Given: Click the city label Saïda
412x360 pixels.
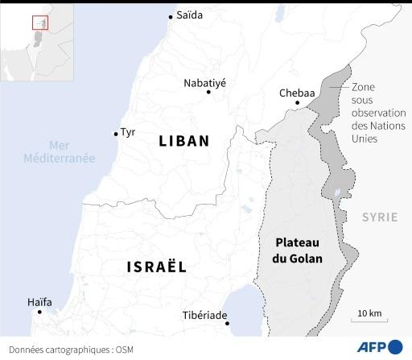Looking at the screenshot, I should point(189,15).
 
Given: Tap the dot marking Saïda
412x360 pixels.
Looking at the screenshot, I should point(171,16).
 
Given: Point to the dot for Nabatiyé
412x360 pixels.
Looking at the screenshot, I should point(208,92).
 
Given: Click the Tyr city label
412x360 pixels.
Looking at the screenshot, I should point(129,133).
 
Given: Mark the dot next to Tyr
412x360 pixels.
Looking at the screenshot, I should point(115,134).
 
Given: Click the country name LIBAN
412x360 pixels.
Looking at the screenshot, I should point(184,141).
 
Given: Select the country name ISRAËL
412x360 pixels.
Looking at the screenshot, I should point(156,267).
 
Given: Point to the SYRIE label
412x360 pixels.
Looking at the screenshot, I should point(379,217).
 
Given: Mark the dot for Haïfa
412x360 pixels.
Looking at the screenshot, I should point(39,312).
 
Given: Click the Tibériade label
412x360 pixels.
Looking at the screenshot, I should point(204,315).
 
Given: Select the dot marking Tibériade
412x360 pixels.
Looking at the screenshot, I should point(228,324).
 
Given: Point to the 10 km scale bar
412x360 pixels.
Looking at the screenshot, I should point(369,319).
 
